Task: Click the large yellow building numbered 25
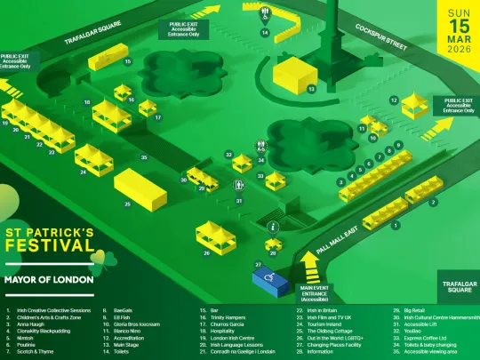click(x=139, y=188)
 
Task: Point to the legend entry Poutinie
click(x=28, y=344)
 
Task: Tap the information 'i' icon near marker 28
click(x=272, y=228)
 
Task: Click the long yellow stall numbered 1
click(x=384, y=213)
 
